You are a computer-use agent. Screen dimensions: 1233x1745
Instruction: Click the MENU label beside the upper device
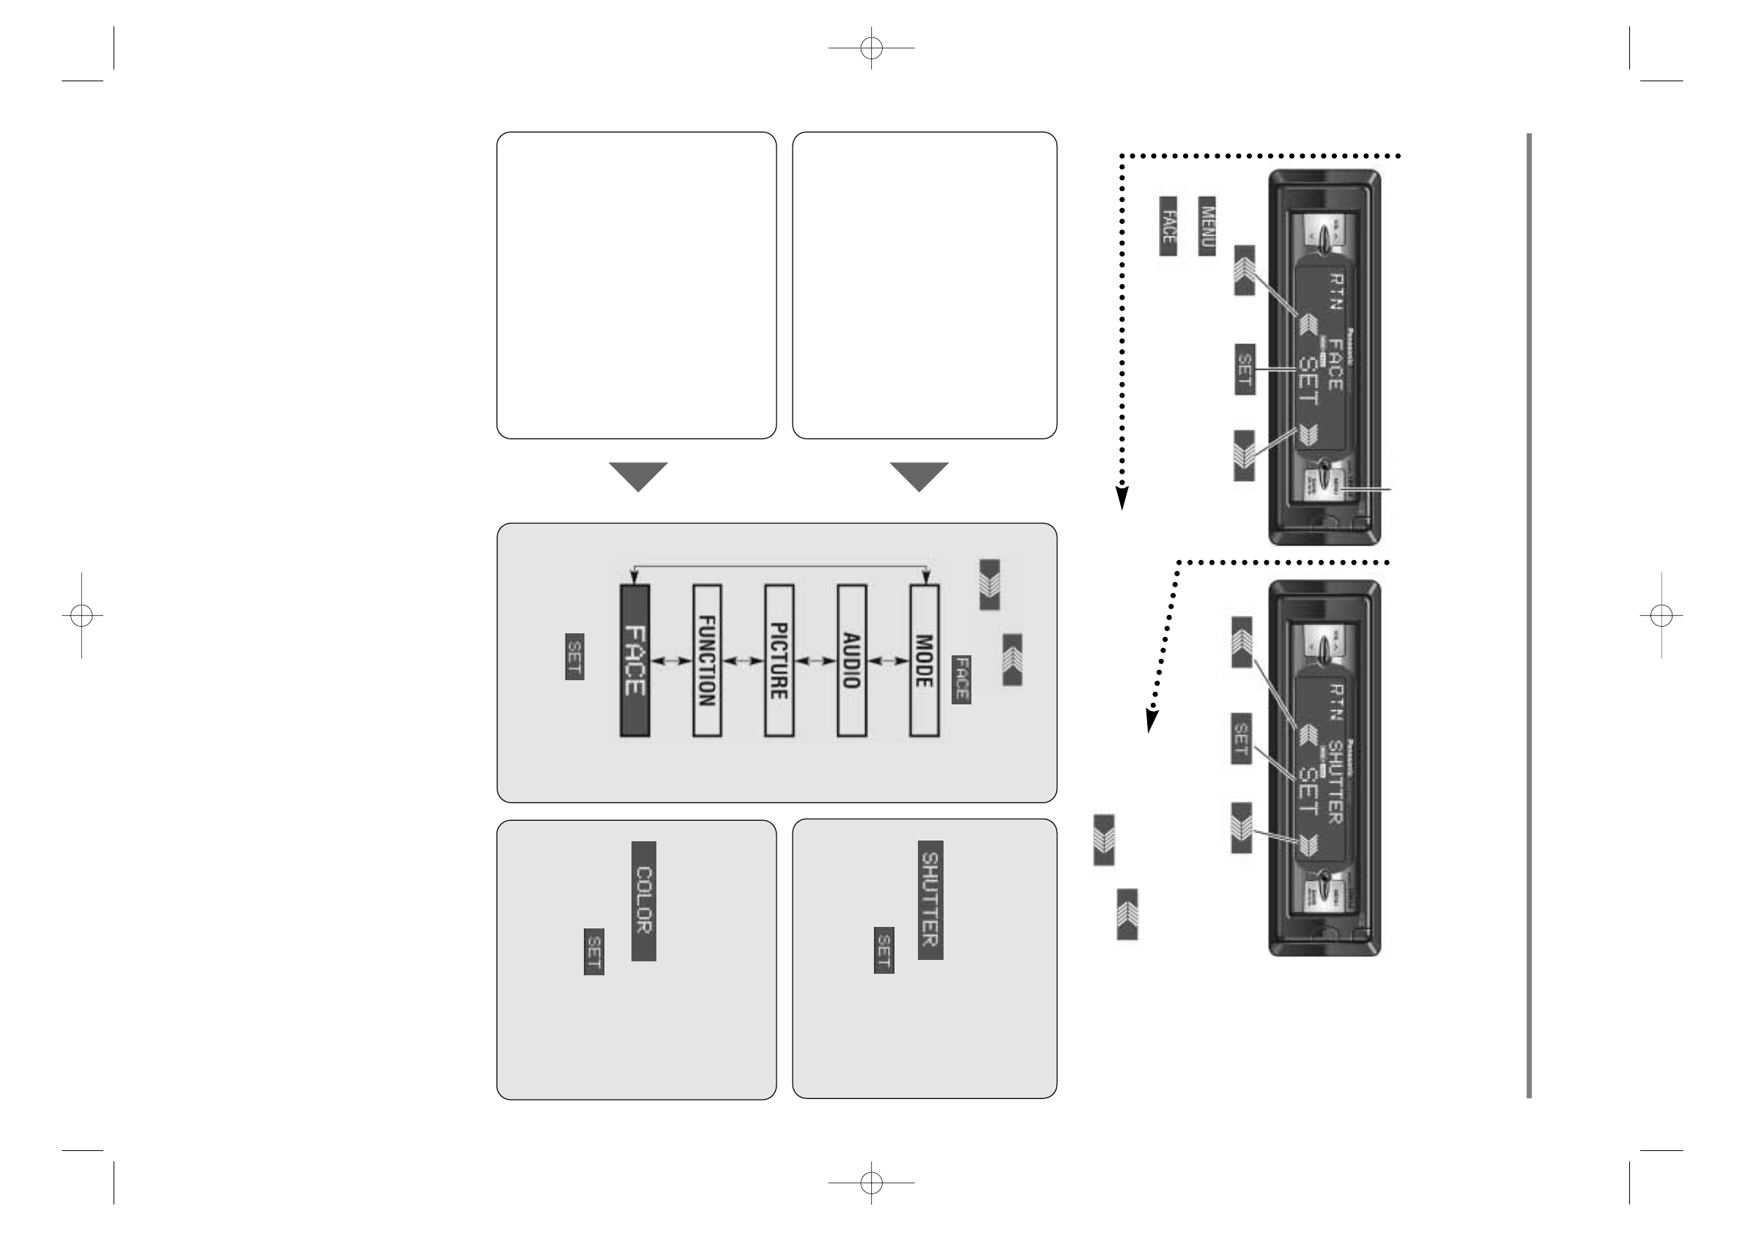(1206, 226)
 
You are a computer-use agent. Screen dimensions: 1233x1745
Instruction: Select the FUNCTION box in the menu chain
(707, 660)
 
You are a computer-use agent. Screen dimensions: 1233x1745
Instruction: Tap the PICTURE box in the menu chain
(779, 660)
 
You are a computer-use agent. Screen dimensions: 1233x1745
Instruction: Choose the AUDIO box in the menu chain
(851, 660)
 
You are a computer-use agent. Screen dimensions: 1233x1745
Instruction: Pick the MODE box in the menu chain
(925, 660)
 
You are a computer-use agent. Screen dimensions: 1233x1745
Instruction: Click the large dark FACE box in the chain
(634, 660)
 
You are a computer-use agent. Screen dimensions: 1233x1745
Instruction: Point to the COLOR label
(644, 901)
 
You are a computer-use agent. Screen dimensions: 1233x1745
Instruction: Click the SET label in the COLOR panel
(593, 951)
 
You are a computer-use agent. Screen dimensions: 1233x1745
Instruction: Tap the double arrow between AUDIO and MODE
(888, 662)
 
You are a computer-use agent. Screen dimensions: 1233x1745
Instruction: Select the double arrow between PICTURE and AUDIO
(815, 662)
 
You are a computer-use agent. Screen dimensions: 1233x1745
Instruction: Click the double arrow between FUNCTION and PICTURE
(744, 662)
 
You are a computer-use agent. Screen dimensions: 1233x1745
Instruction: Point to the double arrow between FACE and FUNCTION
(670, 662)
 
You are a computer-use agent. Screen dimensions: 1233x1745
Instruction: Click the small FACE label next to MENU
(1168, 226)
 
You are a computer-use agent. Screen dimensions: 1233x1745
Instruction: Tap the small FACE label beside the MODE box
(961, 679)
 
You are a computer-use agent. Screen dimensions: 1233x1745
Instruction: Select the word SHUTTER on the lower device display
(1335, 783)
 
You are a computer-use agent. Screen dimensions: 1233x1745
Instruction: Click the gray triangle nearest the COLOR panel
(638, 477)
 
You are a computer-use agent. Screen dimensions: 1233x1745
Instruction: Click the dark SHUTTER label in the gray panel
(930, 900)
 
